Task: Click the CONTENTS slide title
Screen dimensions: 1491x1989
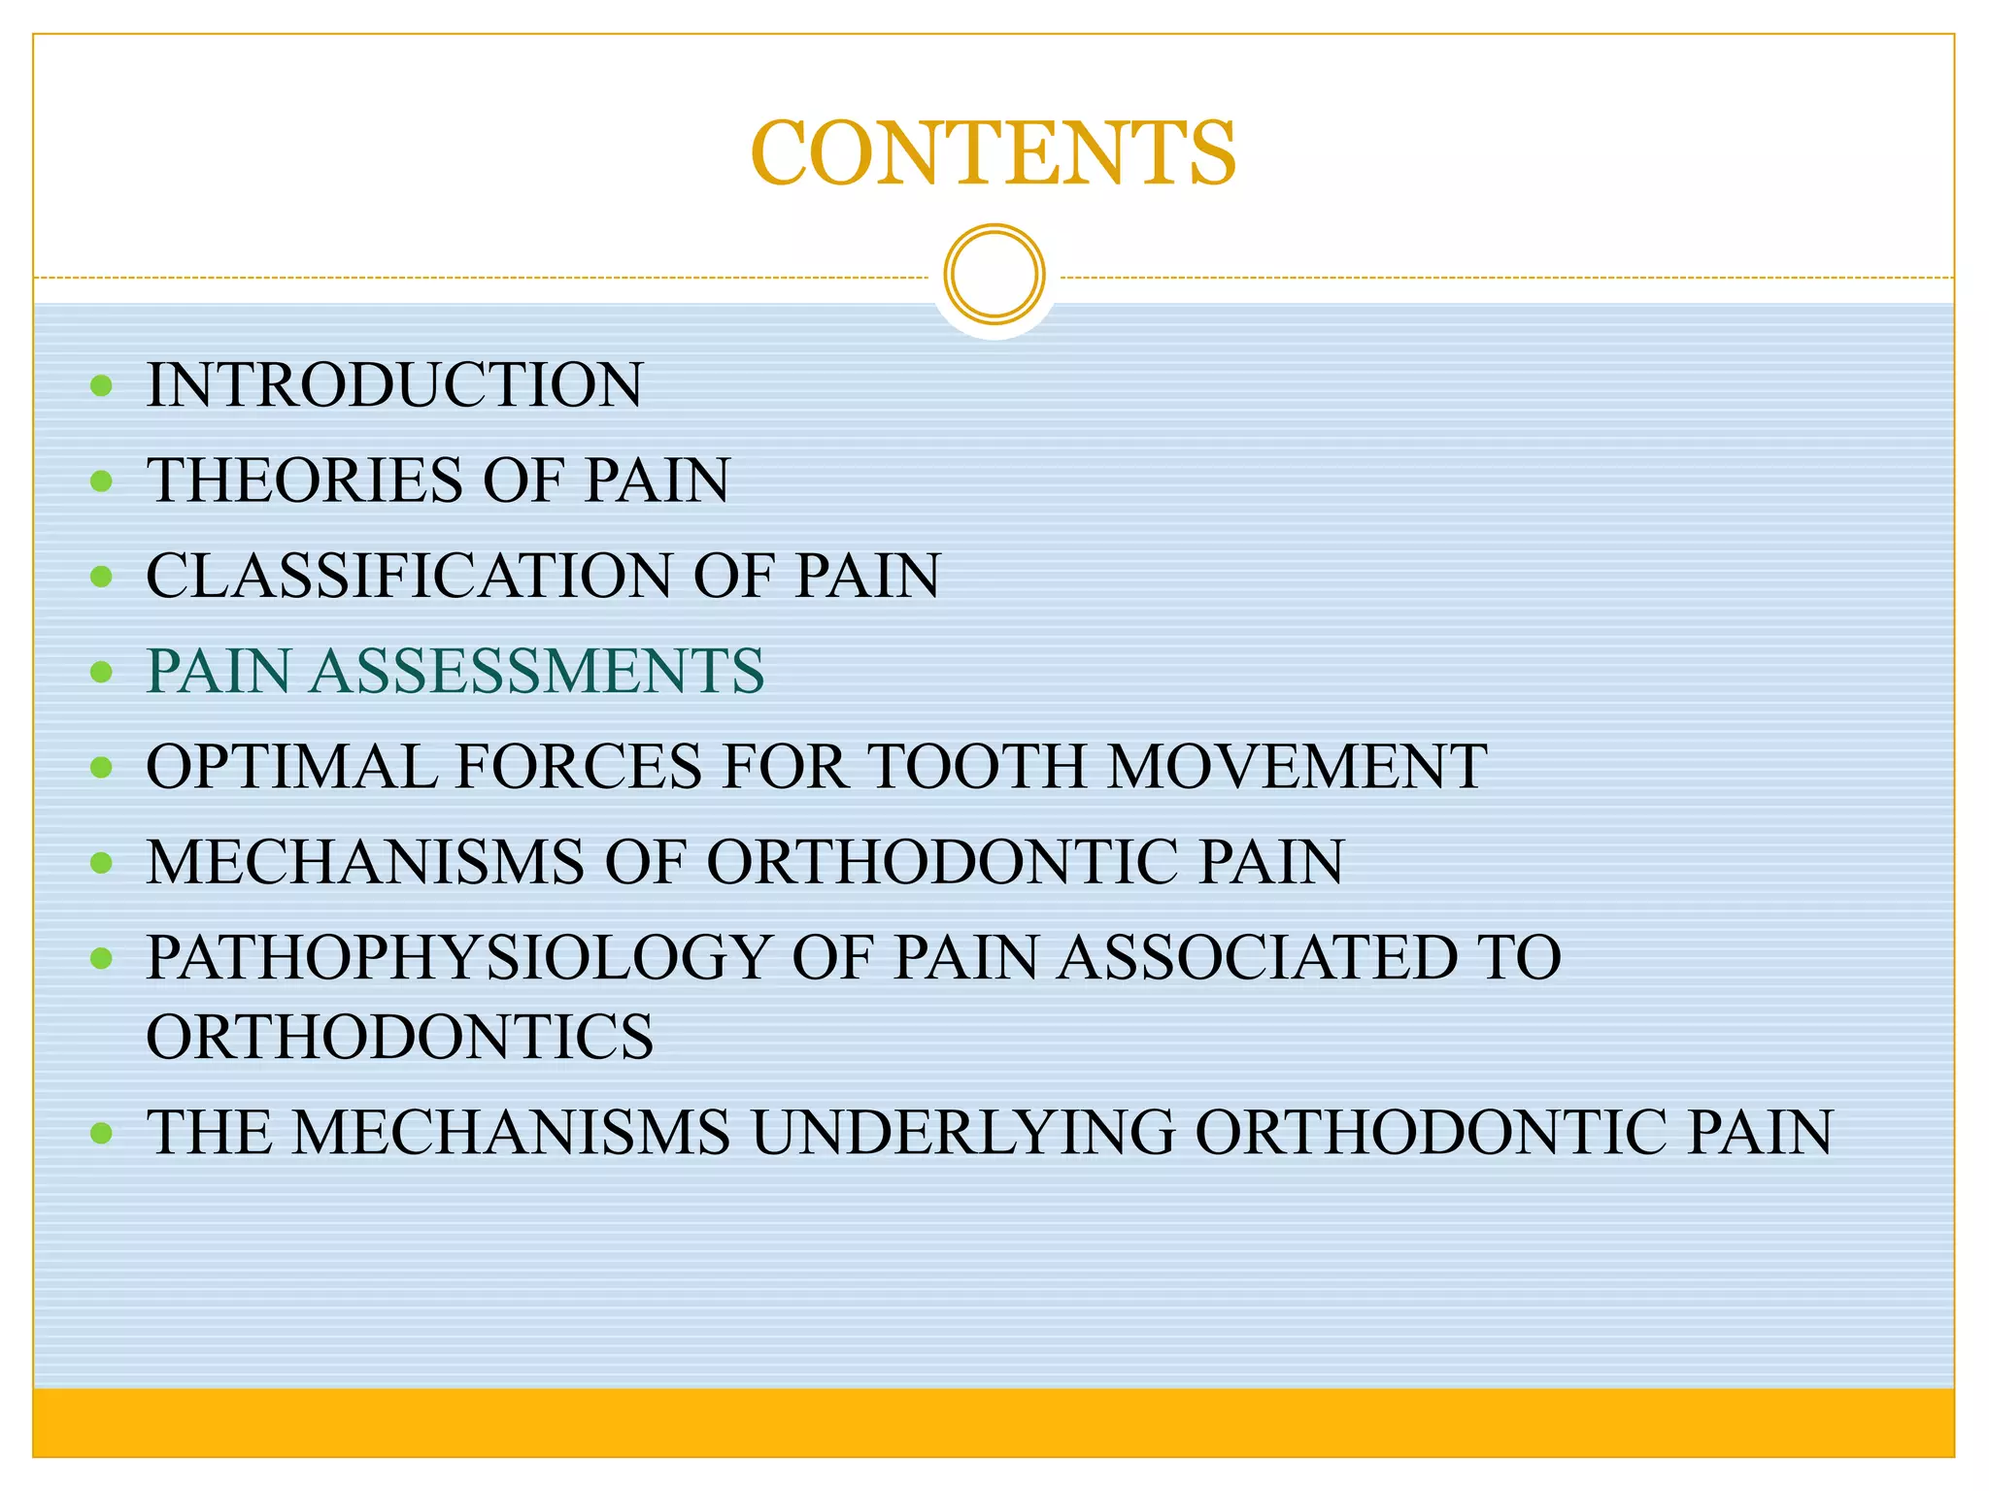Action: [x=994, y=153]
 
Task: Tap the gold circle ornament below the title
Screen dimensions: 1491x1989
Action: [x=994, y=275]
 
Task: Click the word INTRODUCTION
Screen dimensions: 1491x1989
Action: [x=394, y=384]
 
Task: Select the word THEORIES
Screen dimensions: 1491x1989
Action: [x=305, y=480]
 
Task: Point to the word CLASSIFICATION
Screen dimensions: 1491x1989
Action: [x=409, y=575]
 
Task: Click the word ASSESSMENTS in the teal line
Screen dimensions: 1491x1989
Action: [x=537, y=671]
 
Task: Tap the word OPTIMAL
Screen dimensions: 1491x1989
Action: [x=291, y=766]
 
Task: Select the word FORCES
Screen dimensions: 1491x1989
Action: [x=579, y=766]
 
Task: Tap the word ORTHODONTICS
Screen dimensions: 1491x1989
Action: [x=400, y=1036]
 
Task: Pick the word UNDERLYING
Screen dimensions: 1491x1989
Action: [x=963, y=1132]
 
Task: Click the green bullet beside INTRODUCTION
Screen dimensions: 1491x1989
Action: [x=101, y=386]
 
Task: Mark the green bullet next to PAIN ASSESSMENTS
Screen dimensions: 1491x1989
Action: [x=101, y=672]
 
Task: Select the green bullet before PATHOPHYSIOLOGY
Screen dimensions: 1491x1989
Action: [x=101, y=959]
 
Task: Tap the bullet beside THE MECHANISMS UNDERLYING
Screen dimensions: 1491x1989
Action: [x=101, y=1133]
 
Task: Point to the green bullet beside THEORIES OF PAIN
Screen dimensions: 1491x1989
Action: [x=101, y=480]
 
